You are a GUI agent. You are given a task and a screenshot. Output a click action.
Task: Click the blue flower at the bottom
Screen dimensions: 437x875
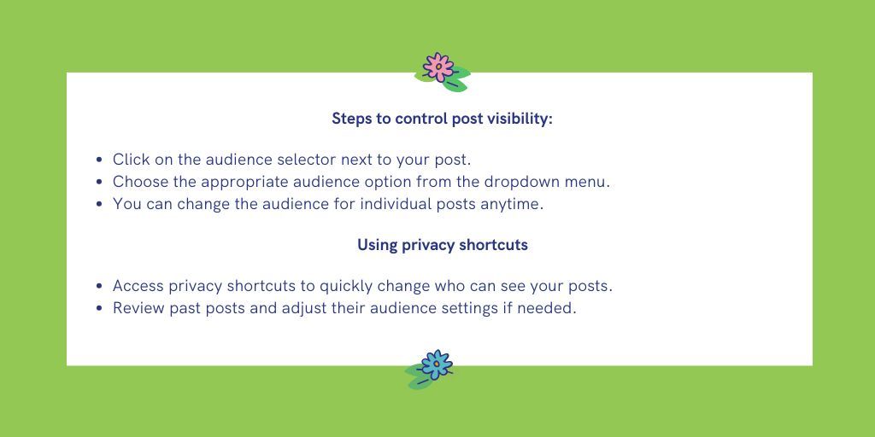click(435, 365)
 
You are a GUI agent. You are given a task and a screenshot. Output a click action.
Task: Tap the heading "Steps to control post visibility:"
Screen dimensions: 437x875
click(442, 119)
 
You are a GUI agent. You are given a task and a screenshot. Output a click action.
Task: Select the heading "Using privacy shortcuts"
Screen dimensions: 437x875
click(442, 245)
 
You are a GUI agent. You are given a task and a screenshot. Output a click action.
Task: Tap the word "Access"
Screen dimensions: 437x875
click(138, 286)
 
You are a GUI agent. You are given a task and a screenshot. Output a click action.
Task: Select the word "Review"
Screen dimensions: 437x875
click(138, 308)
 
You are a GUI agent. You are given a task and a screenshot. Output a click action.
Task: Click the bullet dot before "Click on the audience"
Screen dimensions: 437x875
click(101, 160)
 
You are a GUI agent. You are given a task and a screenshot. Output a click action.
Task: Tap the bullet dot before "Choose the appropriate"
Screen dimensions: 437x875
click(101, 182)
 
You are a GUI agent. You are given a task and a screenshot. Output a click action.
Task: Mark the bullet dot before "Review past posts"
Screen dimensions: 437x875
click(101, 308)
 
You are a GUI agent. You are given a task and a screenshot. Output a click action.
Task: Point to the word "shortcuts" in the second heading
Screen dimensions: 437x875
click(493, 245)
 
